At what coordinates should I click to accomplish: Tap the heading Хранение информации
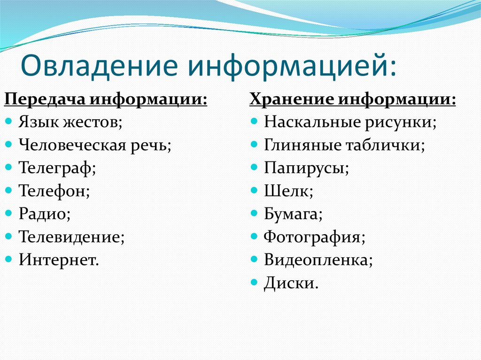tap(352, 100)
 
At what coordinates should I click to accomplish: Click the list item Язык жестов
tap(70, 123)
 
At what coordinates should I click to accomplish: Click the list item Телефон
tap(54, 191)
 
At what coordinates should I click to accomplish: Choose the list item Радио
tap(45, 214)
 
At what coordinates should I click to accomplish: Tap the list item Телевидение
tap(72, 237)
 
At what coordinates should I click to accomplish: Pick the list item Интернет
tap(59, 260)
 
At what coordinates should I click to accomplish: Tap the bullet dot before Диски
tap(254, 282)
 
